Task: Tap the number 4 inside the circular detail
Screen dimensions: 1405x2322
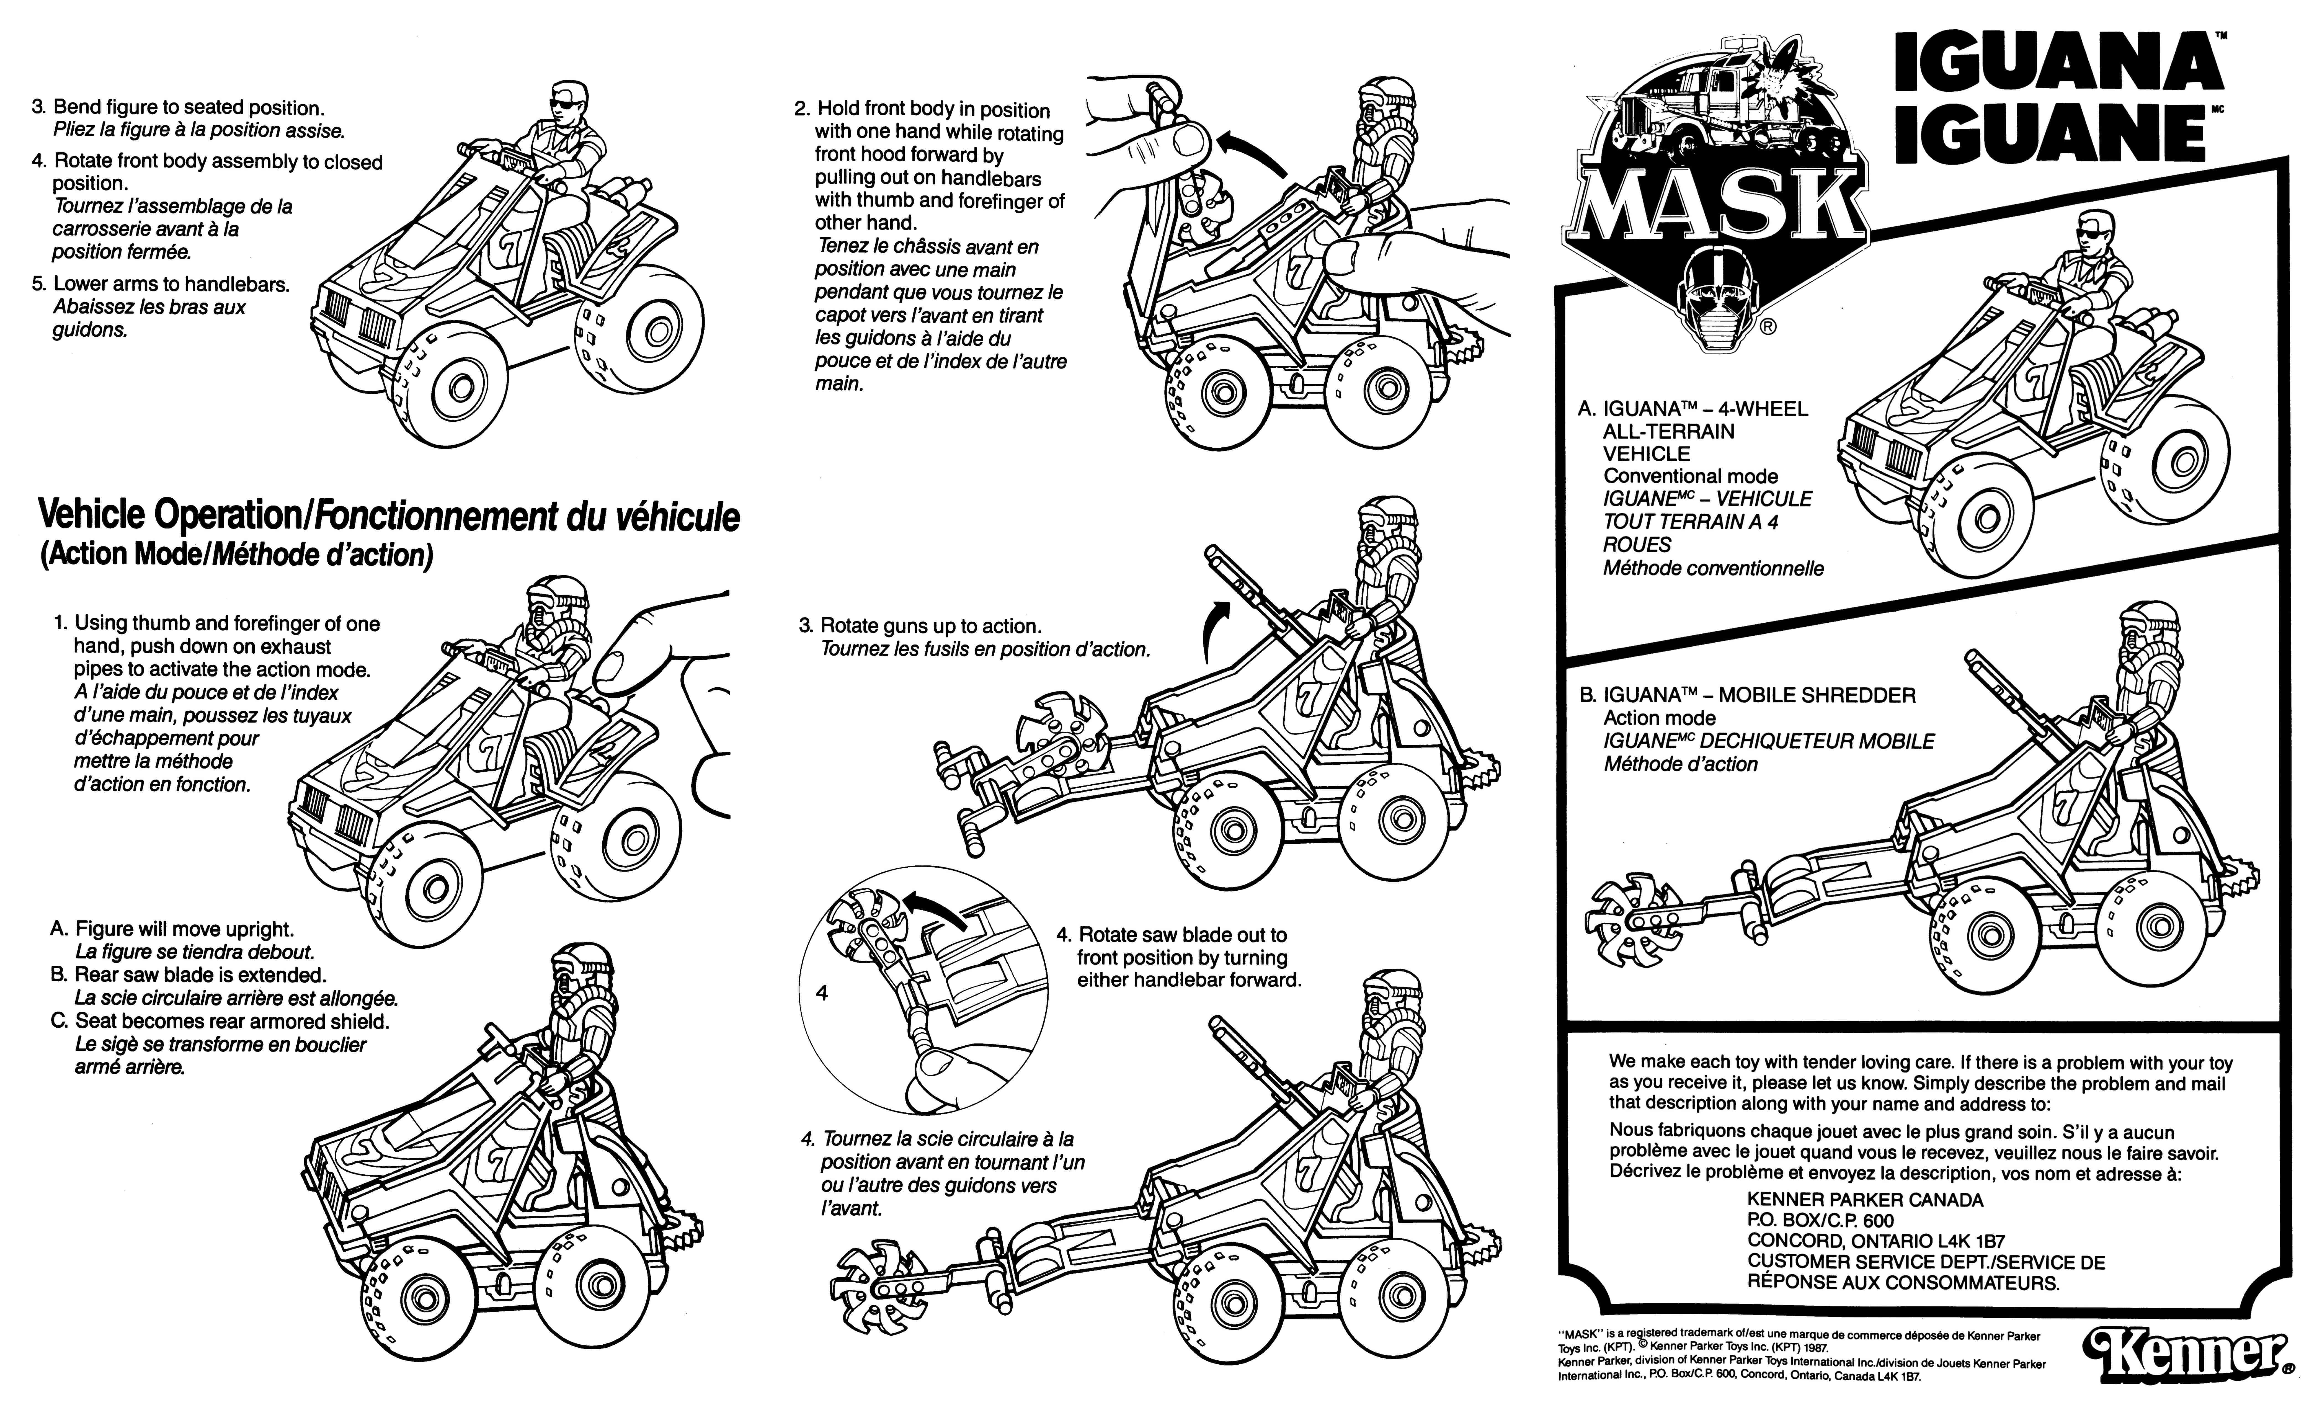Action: coord(822,993)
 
